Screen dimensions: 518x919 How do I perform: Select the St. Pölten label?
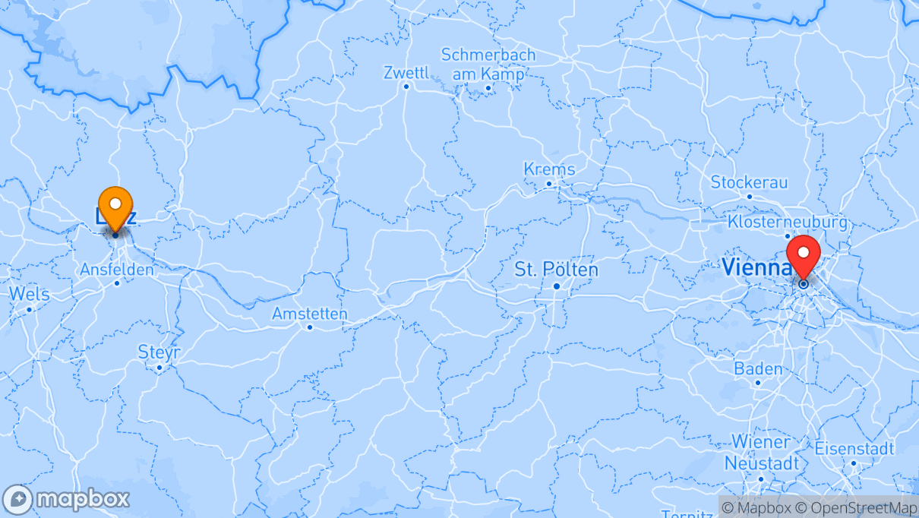[556, 269]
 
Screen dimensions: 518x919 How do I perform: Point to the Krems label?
[549, 169]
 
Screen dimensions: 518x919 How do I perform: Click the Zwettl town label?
[406, 73]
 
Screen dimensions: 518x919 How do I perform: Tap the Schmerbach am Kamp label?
[488, 65]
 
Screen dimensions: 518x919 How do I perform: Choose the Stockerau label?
[749, 182]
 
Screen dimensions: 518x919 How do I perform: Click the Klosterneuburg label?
[787, 222]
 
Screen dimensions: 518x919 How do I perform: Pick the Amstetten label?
[310, 314]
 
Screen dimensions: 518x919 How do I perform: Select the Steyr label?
[159, 352]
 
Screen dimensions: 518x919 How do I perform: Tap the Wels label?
[29, 294]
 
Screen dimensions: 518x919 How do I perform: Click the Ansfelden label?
[117, 270]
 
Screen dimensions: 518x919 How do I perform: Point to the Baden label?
[757, 369]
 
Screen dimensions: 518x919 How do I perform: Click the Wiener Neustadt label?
[760, 452]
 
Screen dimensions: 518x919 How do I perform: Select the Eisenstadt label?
[854, 448]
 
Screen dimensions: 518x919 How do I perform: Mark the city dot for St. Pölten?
[557, 286]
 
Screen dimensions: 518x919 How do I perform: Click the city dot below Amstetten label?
[310, 327]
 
